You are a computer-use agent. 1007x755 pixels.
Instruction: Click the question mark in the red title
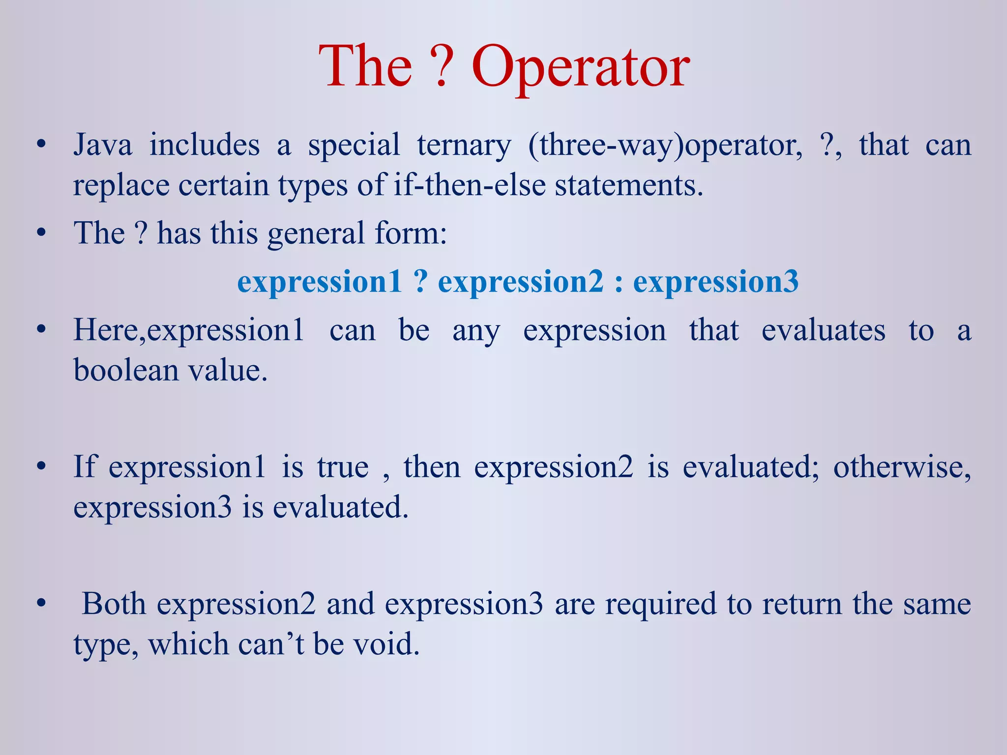pyautogui.click(x=442, y=66)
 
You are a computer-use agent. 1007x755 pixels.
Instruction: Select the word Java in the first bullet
pyautogui.click(x=103, y=145)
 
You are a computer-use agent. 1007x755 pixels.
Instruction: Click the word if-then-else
pyautogui.click(x=469, y=186)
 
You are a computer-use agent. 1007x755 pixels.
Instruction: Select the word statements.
pyautogui.click(x=629, y=186)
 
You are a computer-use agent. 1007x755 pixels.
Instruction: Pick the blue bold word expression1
pyautogui.click(x=320, y=282)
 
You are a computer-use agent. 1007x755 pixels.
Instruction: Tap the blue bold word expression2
pyautogui.click(x=520, y=282)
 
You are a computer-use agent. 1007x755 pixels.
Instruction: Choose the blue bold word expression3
pyautogui.click(x=715, y=282)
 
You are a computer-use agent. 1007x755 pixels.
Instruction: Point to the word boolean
pyautogui.click(x=126, y=370)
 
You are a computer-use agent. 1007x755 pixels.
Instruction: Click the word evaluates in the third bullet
pyautogui.click(x=823, y=330)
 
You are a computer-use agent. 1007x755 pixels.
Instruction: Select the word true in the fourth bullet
pyautogui.click(x=343, y=467)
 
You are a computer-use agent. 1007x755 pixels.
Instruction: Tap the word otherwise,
pyautogui.click(x=902, y=467)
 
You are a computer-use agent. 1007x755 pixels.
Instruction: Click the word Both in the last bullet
pyautogui.click(x=114, y=604)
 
